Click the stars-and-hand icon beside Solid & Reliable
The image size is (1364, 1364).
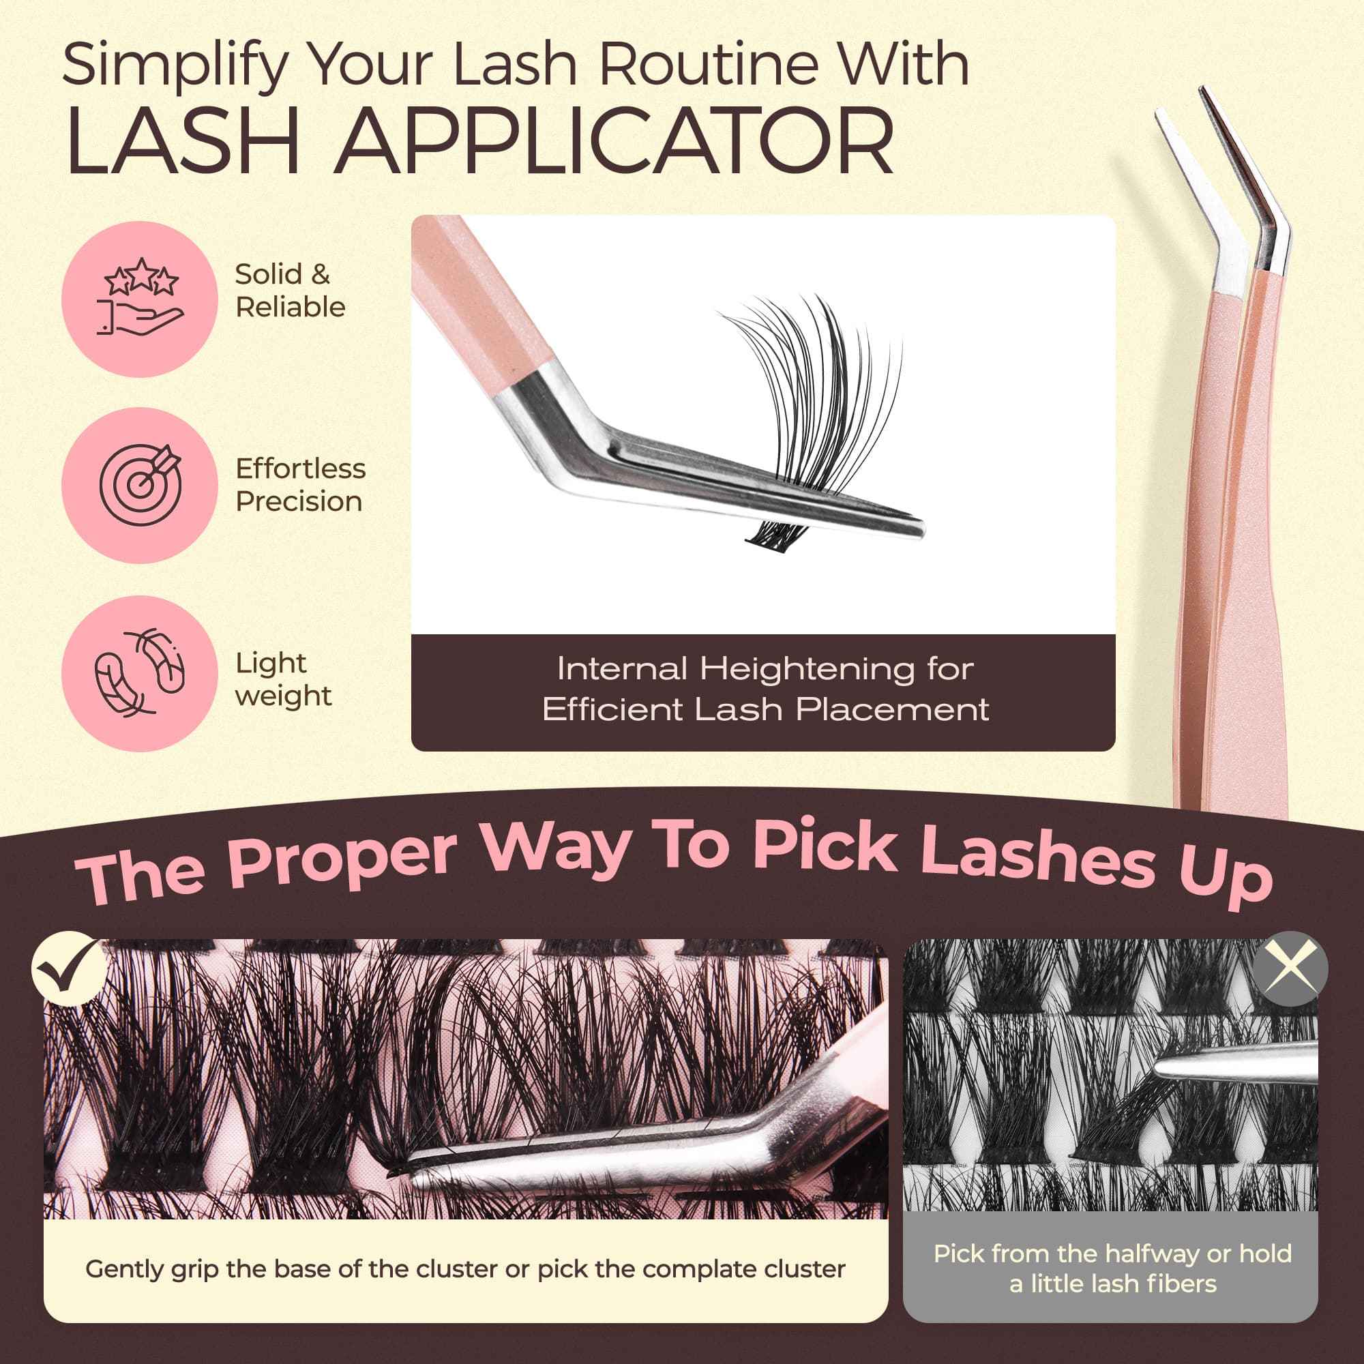[x=140, y=298]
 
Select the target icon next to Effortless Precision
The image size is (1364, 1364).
[x=140, y=484]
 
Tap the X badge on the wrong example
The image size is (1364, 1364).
[x=1290, y=968]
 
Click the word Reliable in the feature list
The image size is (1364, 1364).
[x=290, y=307]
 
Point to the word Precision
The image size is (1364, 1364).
[x=299, y=501]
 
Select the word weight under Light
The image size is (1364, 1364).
[x=283, y=696]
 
